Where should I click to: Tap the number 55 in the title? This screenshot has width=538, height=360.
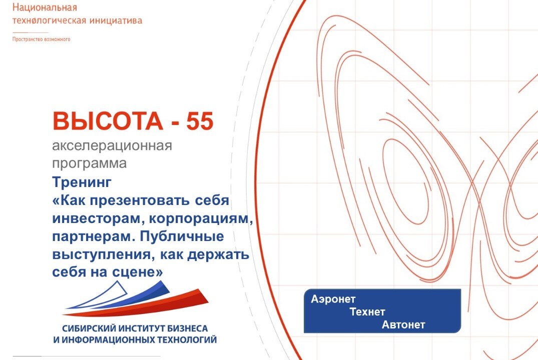200,122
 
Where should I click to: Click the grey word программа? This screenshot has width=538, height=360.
90,163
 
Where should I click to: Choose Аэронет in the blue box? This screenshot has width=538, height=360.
333,299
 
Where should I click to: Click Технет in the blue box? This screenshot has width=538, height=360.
368,312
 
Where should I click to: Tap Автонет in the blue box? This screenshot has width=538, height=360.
403,325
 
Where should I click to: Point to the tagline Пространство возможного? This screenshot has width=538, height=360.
42,39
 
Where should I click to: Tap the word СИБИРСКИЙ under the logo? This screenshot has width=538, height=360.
89,328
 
